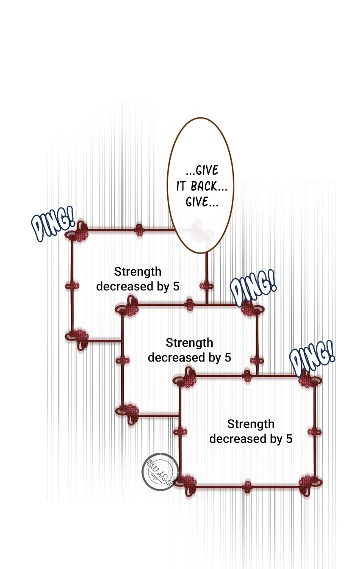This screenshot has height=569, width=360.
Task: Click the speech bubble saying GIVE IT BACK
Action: click(200, 185)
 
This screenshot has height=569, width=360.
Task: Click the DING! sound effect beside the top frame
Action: click(53, 224)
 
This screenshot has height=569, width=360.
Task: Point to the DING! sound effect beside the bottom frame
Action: click(312, 359)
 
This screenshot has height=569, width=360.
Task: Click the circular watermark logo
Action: click(160, 472)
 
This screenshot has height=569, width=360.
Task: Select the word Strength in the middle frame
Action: click(189, 343)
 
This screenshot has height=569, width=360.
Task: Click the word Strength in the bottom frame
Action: click(251, 425)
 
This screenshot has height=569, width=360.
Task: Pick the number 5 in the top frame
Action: click(176, 287)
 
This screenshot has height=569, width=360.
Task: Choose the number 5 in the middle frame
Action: click(228, 358)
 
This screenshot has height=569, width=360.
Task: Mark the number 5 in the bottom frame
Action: click(289, 439)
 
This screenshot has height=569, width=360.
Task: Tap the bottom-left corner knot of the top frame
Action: click(77, 339)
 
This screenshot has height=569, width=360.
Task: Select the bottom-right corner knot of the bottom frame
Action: click(310, 484)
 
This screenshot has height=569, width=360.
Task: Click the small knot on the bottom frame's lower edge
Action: click(247, 487)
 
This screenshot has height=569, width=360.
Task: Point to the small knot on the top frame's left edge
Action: click(72, 286)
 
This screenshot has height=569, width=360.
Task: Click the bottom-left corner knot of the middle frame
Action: click(127, 414)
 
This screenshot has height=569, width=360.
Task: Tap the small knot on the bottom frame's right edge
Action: click(315, 432)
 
